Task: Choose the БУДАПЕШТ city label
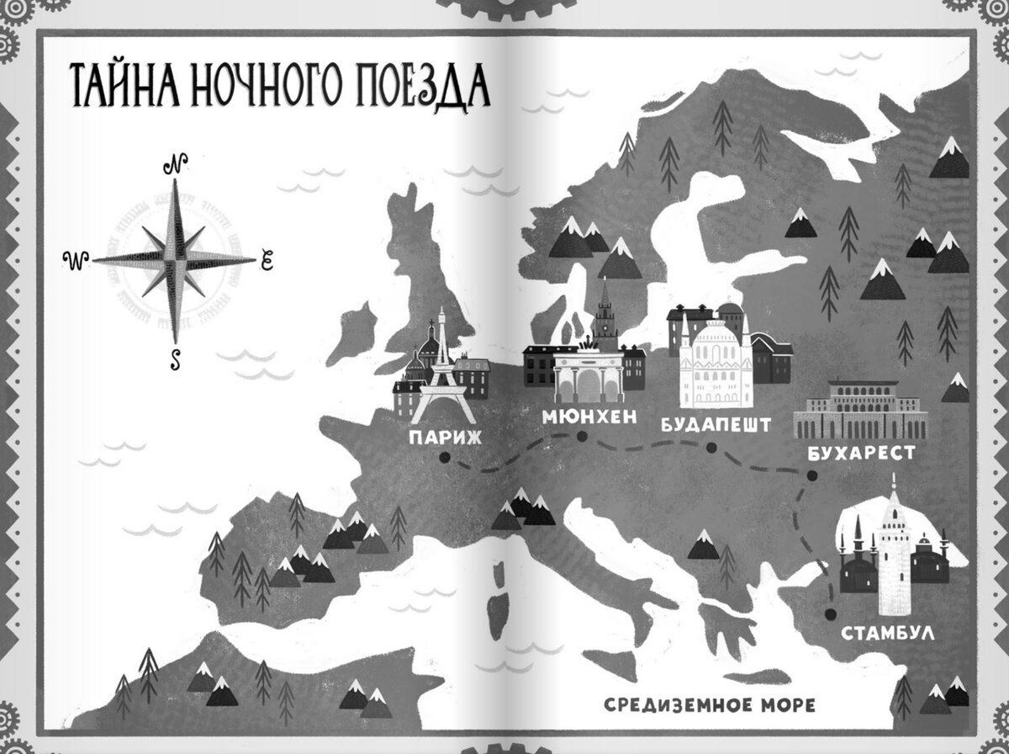tap(716, 424)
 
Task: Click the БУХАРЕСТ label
tap(861, 454)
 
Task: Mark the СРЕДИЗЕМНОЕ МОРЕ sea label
tap(710, 704)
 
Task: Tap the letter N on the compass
tap(177, 164)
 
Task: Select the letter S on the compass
tap(176, 359)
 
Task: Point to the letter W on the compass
tap(75, 261)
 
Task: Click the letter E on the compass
tap(267, 261)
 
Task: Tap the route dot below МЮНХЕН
tap(582, 436)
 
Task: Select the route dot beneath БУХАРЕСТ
tap(811, 476)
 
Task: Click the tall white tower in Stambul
tap(893, 555)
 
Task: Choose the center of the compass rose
tap(175, 260)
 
